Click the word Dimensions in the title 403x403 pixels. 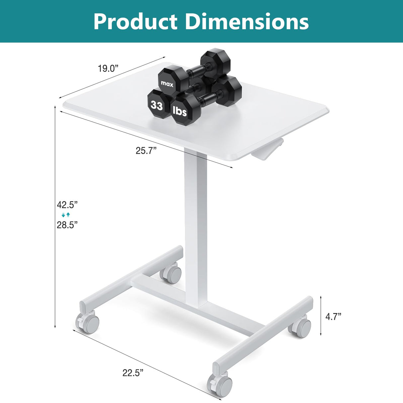click(247, 22)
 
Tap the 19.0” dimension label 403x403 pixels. click(108, 69)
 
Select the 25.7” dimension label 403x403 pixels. click(146, 151)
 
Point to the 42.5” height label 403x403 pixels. click(67, 204)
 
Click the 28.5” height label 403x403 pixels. click(67, 225)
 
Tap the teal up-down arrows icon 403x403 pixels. click(66, 215)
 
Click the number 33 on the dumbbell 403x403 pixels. click(157, 105)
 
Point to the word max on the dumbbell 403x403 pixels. click(167, 84)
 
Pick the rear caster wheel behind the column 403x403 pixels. click(171, 274)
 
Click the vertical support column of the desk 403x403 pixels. click(196, 226)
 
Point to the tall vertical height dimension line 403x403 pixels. click(55, 216)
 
